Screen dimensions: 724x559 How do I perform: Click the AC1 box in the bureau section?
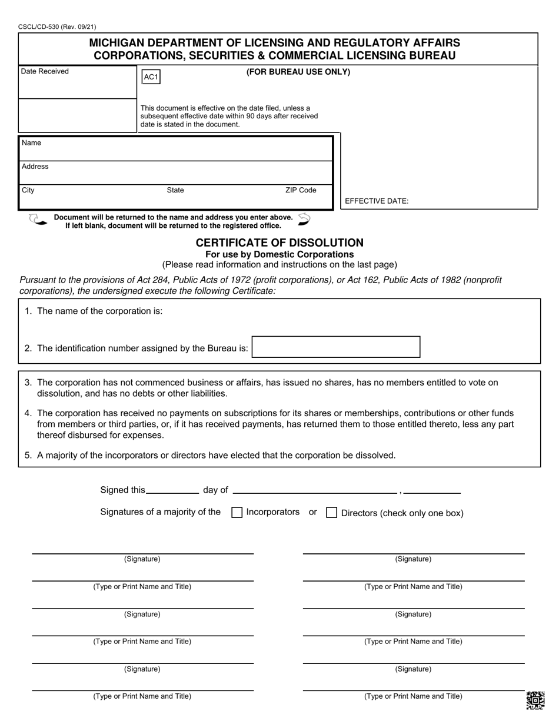click(x=151, y=77)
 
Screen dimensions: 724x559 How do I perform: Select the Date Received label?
click(x=45, y=71)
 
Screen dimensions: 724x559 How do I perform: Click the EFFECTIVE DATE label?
click(x=377, y=201)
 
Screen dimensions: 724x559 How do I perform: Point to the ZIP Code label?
click(x=301, y=190)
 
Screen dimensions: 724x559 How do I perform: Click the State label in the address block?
click(x=175, y=190)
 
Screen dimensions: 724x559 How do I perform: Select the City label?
click(x=28, y=190)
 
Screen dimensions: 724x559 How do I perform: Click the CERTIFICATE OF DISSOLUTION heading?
click(x=279, y=243)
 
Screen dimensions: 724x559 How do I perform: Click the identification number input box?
click(x=336, y=347)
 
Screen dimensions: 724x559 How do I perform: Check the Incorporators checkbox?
click(x=237, y=513)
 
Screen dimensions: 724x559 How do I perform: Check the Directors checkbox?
click(x=331, y=513)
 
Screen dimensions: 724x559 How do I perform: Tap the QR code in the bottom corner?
click(x=535, y=700)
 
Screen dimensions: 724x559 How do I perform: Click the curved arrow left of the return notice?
click(x=38, y=220)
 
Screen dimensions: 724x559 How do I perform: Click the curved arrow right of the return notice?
click(x=304, y=219)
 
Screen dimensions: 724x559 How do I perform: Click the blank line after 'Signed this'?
click(x=172, y=491)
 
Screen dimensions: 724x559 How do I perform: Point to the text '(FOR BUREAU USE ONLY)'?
click(x=298, y=72)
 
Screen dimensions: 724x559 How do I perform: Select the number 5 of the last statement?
click(x=28, y=455)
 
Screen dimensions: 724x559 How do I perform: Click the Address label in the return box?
click(x=35, y=167)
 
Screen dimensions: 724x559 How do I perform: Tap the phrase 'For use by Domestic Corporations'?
click(x=279, y=254)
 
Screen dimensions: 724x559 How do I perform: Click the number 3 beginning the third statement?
click(x=28, y=383)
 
